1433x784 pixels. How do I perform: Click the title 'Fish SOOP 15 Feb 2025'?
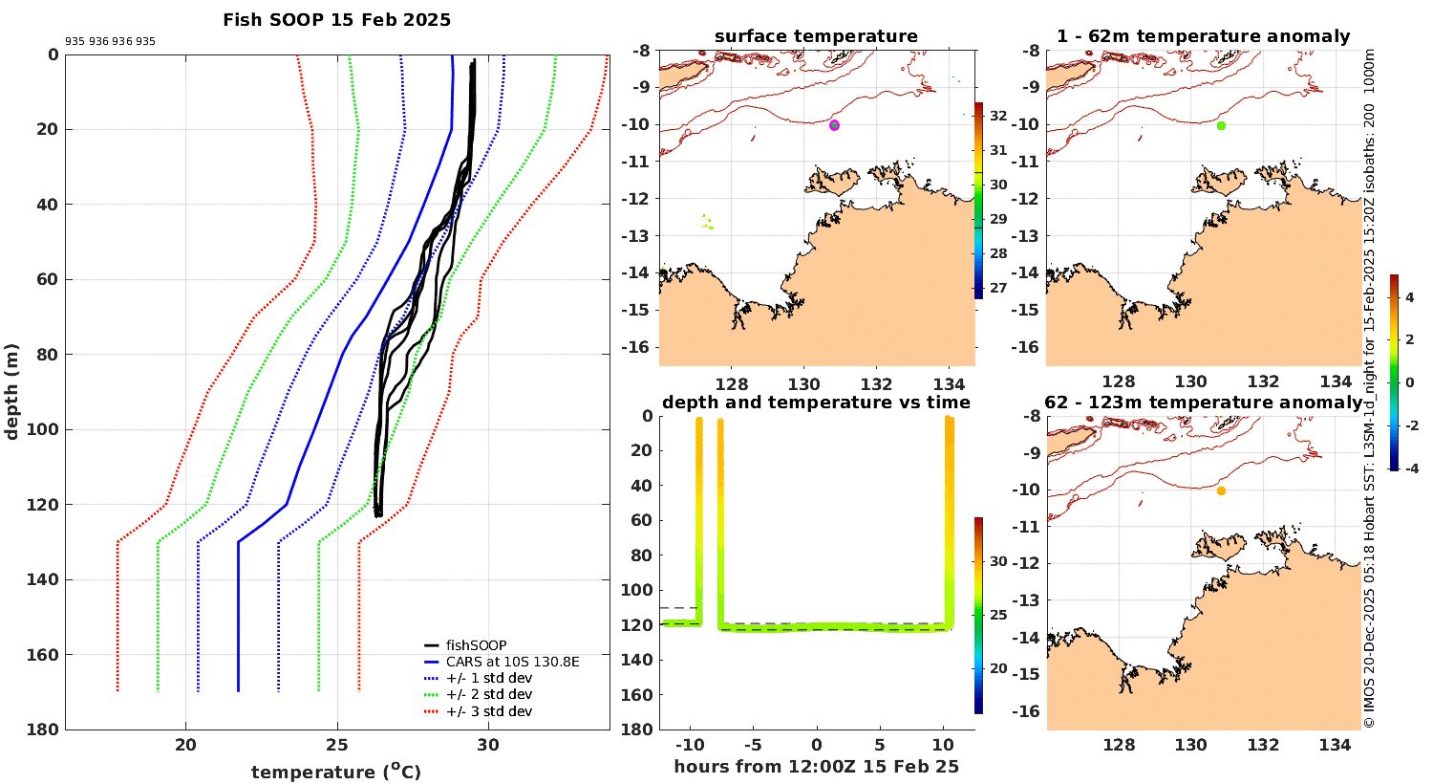pyautogui.click(x=336, y=20)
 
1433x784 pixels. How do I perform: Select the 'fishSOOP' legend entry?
pyautogui.click(x=476, y=645)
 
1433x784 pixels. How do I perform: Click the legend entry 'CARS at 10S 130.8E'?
pyautogui.click(x=512, y=662)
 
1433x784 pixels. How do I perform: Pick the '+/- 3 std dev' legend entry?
pyautogui.click(x=488, y=711)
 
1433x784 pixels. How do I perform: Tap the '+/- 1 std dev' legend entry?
pyautogui.click(x=488, y=678)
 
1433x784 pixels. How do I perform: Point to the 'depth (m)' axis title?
pyautogui.click(x=12, y=391)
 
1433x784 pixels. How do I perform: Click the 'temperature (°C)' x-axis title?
pyautogui.click(x=335, y=772)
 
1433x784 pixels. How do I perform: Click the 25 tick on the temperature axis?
pyautogui.click(x=336, y=746)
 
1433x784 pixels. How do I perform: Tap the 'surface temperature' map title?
pyautogui.click(x=816, y=36)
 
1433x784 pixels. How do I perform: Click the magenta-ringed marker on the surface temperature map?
pyautogui.click(x=834, y=125)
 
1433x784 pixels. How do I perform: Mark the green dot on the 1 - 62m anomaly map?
pyautogui.click(x=1221, y=125)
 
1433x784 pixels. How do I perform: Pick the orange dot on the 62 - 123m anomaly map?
pyautogui.click(x=1221, y=490)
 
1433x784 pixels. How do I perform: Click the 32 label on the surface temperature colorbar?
pyautogui.click(x=998, y=117)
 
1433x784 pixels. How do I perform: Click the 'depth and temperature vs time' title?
pyautogui.click(x=816, y=403)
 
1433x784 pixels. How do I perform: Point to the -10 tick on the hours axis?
pyautogui.click(x=689, y=746)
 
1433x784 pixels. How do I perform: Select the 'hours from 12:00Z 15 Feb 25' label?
pyautogui.click(x=816, y=767)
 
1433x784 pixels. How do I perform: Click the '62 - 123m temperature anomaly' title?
pyautogui.click(x=1203, y=403)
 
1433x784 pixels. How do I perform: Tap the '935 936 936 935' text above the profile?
pyautogui.click(x=110, y=42)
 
